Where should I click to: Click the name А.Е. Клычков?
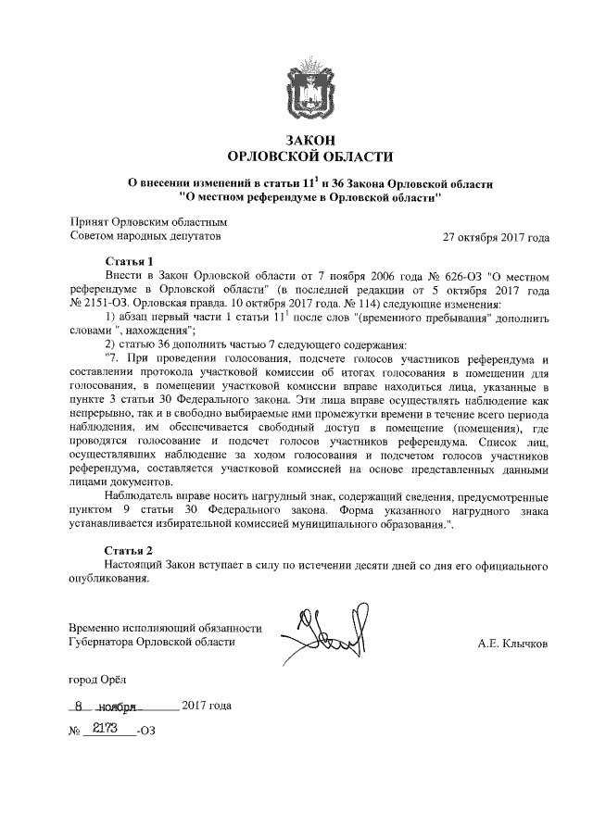pyautogui.click(x=512, y=641)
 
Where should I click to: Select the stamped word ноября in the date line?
pyautogui.click(x=118, y=706)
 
